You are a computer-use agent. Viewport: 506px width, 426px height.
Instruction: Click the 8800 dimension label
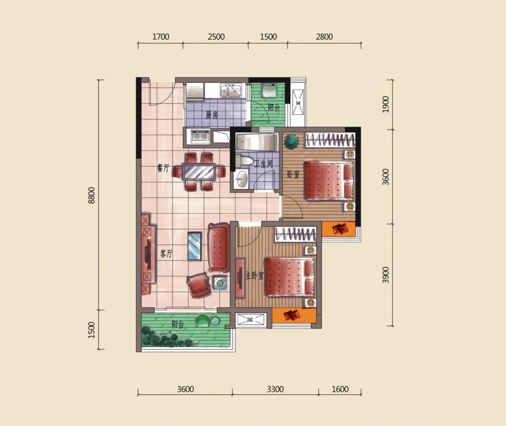[x=91, y=195]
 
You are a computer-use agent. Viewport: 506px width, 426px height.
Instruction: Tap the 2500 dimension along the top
[x=216, y=37]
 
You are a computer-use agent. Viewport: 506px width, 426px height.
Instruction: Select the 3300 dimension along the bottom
[x=275, y=390]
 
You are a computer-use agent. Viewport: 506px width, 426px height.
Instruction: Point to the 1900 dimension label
[x=385, y=104]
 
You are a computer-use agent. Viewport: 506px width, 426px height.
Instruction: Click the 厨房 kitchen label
[x=211, y=115]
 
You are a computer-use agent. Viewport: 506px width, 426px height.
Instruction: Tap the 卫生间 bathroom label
[x=263, y=164]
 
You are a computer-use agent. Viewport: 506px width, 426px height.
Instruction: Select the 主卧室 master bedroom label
[x=254, y=276]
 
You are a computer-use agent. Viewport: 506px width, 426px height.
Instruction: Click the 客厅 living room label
[x=166, y=254]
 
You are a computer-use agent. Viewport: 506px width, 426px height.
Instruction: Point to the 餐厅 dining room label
[x=163, y=168]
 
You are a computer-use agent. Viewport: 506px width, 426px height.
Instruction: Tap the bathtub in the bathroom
[x=256, y=142]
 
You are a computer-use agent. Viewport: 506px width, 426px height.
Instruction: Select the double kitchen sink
[x=231, y=90]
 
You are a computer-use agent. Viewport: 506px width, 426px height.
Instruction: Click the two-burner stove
[x=201, y=136]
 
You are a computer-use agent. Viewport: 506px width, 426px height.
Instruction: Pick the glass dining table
[x=199, y=172]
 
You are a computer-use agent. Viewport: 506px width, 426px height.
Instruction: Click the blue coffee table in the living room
[x=195, y=246]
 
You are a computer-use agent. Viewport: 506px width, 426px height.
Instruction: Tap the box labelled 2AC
[x=250, y=320]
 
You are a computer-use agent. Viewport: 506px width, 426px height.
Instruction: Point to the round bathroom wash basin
[x=241, y=179]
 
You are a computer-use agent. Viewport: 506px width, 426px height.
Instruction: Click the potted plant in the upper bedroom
[x=291, y=141]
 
